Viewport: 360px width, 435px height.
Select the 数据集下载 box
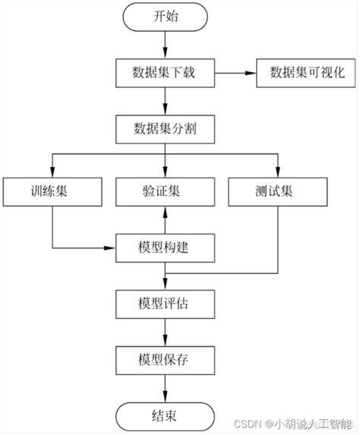[166, 73]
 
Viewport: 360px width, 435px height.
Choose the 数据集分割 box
[166, 128]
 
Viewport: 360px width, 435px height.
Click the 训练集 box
[52, 192]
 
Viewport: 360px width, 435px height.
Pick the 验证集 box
[166, 192]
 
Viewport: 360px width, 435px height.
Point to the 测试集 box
[279, 192]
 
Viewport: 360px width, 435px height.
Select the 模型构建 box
[166, 247]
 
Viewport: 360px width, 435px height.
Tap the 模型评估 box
[166, 303]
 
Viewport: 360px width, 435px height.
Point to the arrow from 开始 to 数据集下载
[166, 45]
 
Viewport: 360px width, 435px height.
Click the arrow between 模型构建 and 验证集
[166, 220]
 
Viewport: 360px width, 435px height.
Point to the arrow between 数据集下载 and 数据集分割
[166, 100]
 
